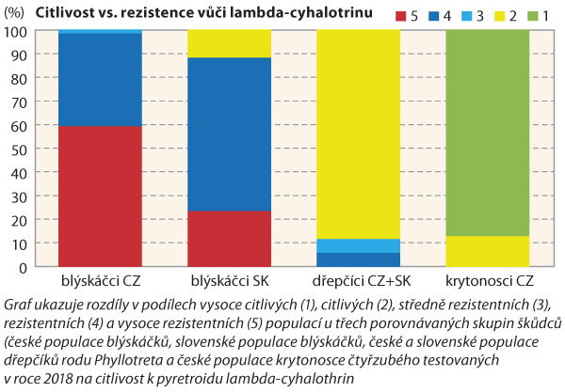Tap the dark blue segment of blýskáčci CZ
coord(100,80)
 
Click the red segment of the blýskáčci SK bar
coord(229,239)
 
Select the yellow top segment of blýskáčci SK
coord(229,43)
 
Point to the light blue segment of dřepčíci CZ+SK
coord(358,245)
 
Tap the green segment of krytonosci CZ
coord(487,133)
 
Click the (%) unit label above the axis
coord(20,12)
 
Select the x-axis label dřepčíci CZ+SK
coord(358,282)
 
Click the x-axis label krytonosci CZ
coord(487,282)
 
